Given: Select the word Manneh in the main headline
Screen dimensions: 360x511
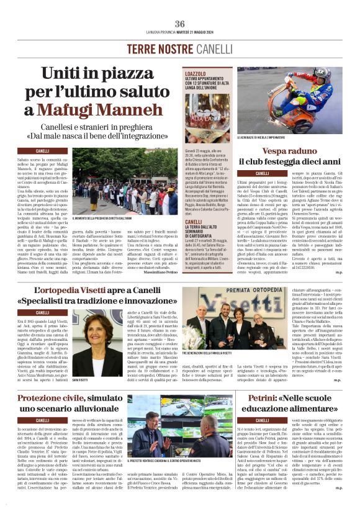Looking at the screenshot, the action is click(x=144, y=111).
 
